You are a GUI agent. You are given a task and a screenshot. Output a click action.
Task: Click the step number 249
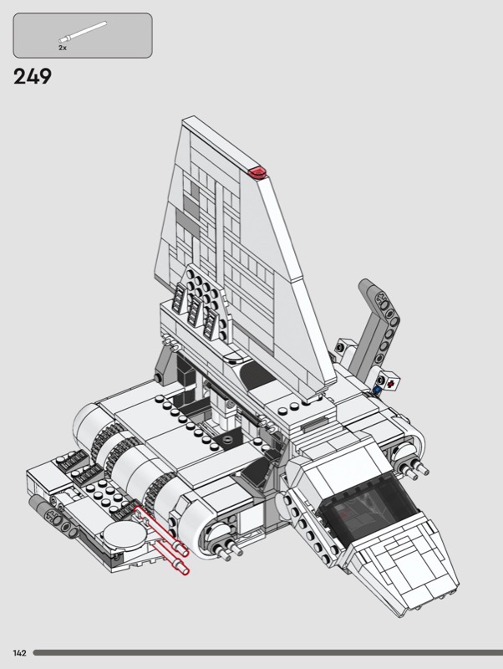tap(33, 77)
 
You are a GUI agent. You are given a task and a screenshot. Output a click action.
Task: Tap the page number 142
tap(19, 653)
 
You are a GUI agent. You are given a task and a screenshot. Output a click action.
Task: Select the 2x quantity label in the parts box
tap(63, 48)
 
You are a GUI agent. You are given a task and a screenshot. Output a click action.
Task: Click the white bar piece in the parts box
tap(83, 32)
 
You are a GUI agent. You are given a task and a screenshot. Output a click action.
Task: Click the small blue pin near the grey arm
tap(376, 389)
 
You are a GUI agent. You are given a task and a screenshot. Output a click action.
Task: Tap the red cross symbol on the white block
tap(390, 384)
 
